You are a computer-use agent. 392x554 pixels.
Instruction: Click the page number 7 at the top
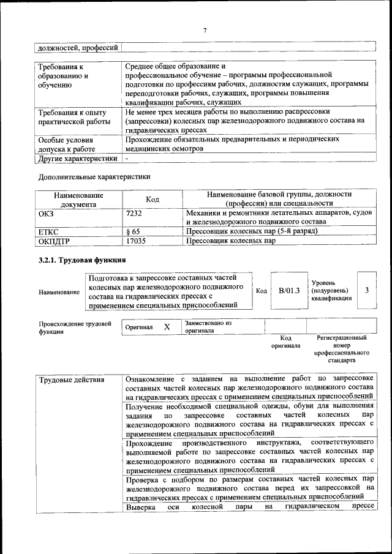[205, 30]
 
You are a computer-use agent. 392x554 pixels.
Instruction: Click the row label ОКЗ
[47, 213]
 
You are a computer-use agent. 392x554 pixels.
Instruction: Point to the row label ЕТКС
[48, 231]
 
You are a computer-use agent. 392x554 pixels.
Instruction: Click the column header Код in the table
[152, 200]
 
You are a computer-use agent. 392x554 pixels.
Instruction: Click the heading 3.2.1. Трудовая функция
[82, 260]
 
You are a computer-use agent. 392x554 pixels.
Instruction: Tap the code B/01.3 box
[288, 291]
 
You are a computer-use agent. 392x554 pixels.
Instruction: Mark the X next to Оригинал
[167, 327]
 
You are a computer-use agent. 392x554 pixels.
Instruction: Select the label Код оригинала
[285, 342]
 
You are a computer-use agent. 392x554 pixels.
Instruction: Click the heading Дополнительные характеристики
[94, 177]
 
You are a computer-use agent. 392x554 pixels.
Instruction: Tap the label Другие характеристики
[77, 158]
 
